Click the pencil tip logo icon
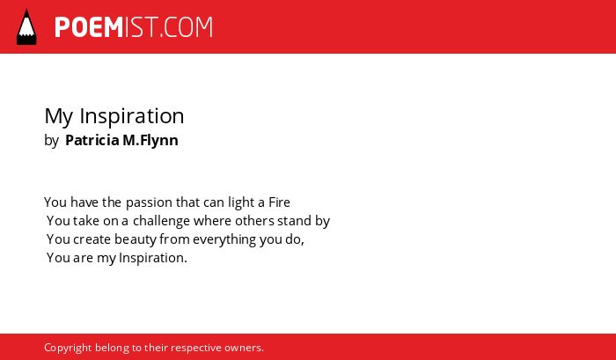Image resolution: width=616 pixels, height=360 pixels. [x=26, y=26]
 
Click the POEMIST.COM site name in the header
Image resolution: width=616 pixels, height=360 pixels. [x=134, y=27]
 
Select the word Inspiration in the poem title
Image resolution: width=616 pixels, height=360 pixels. [x=132, y=116]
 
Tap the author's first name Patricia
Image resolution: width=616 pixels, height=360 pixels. [x=92, y=140]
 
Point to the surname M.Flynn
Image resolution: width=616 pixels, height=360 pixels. [x=150, y=141]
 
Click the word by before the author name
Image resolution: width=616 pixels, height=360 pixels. [x=51, y=141]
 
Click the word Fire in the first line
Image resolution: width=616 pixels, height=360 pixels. [x=279, y=202]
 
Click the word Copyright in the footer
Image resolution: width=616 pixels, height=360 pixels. [x=68, y=349]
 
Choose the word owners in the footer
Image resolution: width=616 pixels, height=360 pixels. [x=244, y=349]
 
